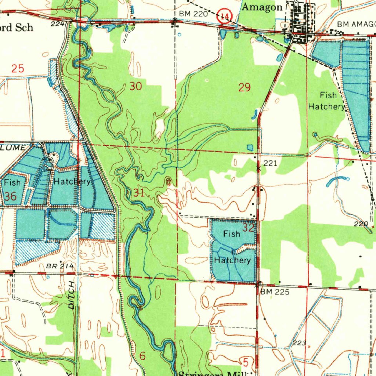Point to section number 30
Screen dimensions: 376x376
click(x=135, y=87)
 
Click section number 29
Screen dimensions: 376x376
click(x=245, y=87)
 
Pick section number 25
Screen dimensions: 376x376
click(x=17, y=68)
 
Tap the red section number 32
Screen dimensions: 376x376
click(x=249, y=228)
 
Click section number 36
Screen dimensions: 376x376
click(x=10, y=196)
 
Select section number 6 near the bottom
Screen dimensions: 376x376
click(x=142, y=355)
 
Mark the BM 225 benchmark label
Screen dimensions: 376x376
click(x=275, y=292)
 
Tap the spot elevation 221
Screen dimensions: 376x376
click(x=270, y=163)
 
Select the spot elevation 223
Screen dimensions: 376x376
click(x=299, y=343)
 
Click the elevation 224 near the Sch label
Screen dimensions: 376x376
click(x=56, y=23)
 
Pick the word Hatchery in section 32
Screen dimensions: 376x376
click(x=232, y=260)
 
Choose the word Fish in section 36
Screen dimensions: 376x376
click(x=12, y=182)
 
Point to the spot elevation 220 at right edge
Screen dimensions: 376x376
click(x=361, y=224)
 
